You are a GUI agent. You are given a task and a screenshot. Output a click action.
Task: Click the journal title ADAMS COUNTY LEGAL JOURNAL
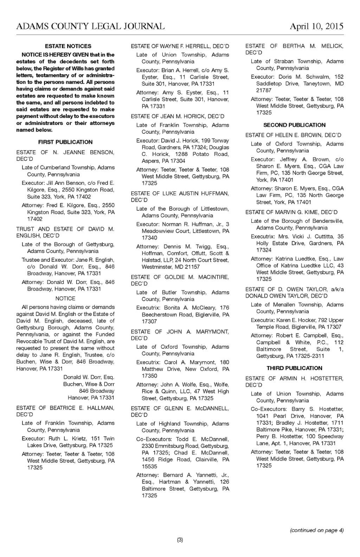point(90,26)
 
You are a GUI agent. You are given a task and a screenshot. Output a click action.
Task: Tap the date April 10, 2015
point(316,26)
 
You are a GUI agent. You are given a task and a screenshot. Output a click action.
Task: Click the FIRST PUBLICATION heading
point(65,142)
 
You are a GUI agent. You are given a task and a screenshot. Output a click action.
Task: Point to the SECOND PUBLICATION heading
point(294,125)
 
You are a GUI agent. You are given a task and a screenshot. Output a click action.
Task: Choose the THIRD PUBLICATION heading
point(294,368)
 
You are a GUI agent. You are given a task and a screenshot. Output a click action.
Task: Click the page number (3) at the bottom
point(180,540)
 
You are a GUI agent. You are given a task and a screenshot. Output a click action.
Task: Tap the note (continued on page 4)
point(316,530)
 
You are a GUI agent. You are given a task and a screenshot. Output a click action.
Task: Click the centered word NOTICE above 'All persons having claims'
point(65,298)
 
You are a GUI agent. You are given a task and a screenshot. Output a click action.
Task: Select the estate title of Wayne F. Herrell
point(180,46)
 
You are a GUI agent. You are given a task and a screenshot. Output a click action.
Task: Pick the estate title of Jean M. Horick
point(178,116)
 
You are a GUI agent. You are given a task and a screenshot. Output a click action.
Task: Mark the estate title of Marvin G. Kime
point(291,212)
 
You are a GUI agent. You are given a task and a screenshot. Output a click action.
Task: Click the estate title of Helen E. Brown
point(293,135)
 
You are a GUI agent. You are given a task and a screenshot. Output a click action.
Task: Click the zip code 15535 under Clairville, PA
point(149,466)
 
